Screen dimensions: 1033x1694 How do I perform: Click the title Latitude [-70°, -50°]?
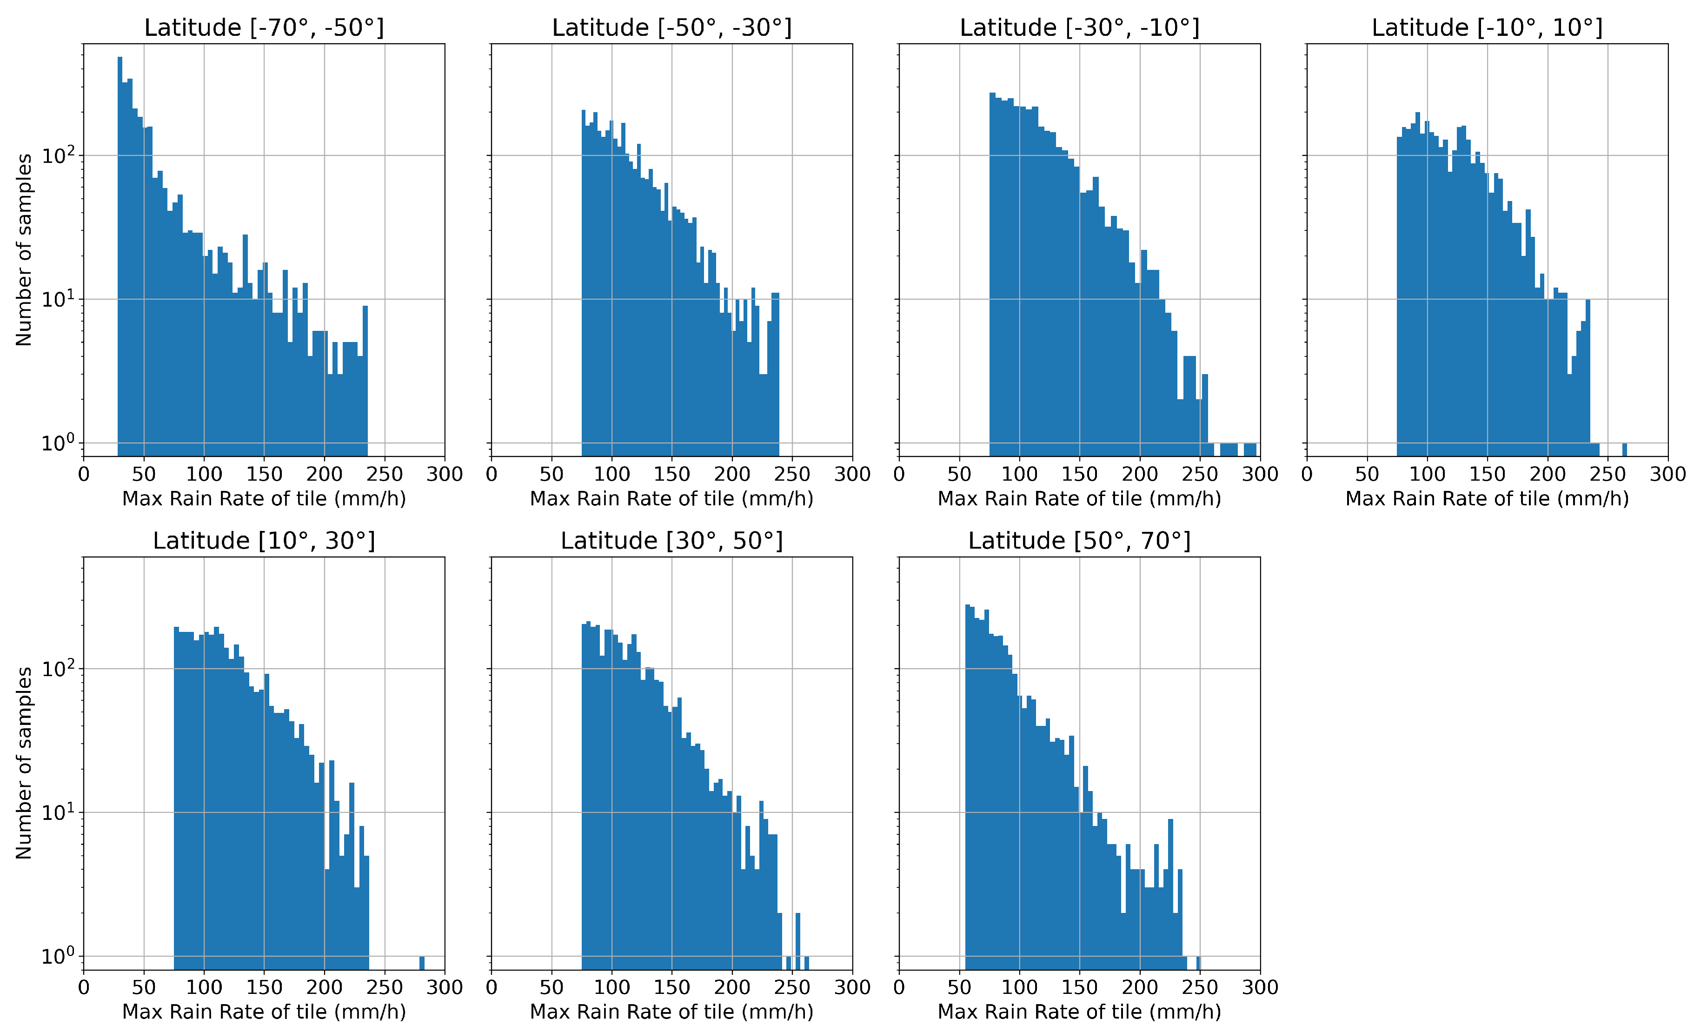point(264,27)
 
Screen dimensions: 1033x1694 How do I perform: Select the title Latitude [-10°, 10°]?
point(1487,27)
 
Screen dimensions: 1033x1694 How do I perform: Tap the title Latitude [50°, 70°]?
point(1079,541)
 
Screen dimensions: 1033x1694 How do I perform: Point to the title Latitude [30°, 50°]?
point(671,541)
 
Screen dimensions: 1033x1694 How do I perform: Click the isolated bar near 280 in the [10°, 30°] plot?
point(421,962)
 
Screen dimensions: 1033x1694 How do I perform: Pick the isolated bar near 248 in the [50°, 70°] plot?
point(1198,962)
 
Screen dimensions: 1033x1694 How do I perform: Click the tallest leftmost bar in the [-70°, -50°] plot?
point(120,206)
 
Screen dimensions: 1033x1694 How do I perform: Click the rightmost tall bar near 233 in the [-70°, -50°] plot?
point(365,378)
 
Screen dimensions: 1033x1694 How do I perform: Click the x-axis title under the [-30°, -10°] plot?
point(1079,499)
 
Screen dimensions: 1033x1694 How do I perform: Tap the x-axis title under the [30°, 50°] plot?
point(671,1012)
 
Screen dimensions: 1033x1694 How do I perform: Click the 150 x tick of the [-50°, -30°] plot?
point(671,474)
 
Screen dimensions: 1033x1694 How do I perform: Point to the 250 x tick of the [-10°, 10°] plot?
point(1608,474)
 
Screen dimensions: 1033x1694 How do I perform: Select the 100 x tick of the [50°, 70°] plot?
point(1019,987)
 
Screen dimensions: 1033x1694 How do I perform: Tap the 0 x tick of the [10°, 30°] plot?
point(84,987)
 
